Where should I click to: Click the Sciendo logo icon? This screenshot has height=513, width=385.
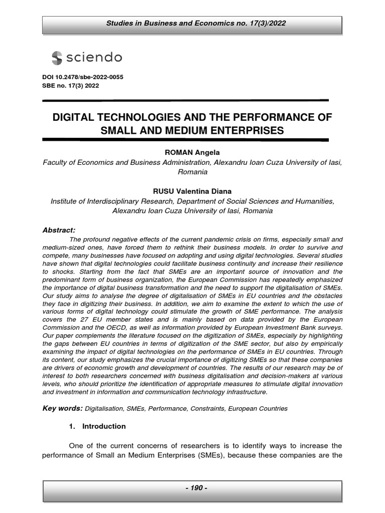coord(57,58)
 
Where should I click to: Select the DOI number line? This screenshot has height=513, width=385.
coord(83,77)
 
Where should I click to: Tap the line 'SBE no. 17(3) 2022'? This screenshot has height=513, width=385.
coord(70,86)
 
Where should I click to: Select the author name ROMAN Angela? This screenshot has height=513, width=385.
coord(192,152)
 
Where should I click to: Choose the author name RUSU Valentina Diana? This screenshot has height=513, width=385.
coord(192,191)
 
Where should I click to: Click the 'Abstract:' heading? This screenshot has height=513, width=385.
coord(59,230)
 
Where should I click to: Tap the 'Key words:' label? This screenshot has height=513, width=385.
coord(63,408)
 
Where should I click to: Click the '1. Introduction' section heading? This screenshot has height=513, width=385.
coord(97,426)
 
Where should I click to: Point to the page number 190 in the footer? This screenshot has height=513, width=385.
coord(192,488)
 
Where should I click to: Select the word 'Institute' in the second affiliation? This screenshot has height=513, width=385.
coord(65,201)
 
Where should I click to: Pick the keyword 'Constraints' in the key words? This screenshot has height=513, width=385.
coord(208,409)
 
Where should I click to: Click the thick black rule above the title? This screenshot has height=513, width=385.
coord(185,100)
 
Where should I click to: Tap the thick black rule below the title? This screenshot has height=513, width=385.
coord(185,140)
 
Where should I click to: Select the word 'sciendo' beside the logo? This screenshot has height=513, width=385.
coord(94,58)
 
